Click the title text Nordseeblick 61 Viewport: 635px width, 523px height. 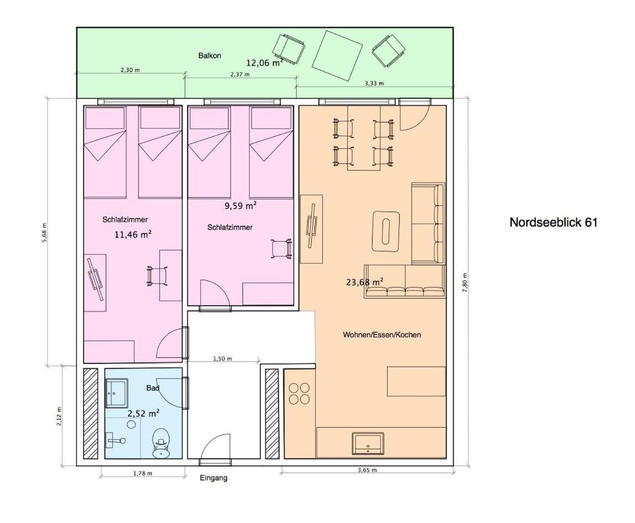coord(553,222)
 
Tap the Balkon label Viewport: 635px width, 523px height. coord(209,55)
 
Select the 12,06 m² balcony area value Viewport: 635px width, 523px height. coord(265,63)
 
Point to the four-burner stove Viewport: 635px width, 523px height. coord(299,394)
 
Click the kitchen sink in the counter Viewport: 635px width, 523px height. coord(368,443)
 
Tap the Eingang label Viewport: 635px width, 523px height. coord(214,478)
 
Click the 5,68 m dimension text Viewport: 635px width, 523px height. coord(44,233)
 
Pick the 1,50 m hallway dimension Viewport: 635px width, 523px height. coord(223,358)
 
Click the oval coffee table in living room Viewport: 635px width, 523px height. coord(386,231)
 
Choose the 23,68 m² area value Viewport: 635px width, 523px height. coord(364,281)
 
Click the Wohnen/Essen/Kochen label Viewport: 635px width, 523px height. coord(382,335)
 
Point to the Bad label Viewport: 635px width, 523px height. coord(153,388)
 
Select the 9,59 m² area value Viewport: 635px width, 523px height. coord(241,206)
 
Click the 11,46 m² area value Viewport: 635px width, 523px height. coord(133,234)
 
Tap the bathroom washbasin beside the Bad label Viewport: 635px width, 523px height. coord(117,393)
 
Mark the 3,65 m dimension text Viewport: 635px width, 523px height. coord(367,470)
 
